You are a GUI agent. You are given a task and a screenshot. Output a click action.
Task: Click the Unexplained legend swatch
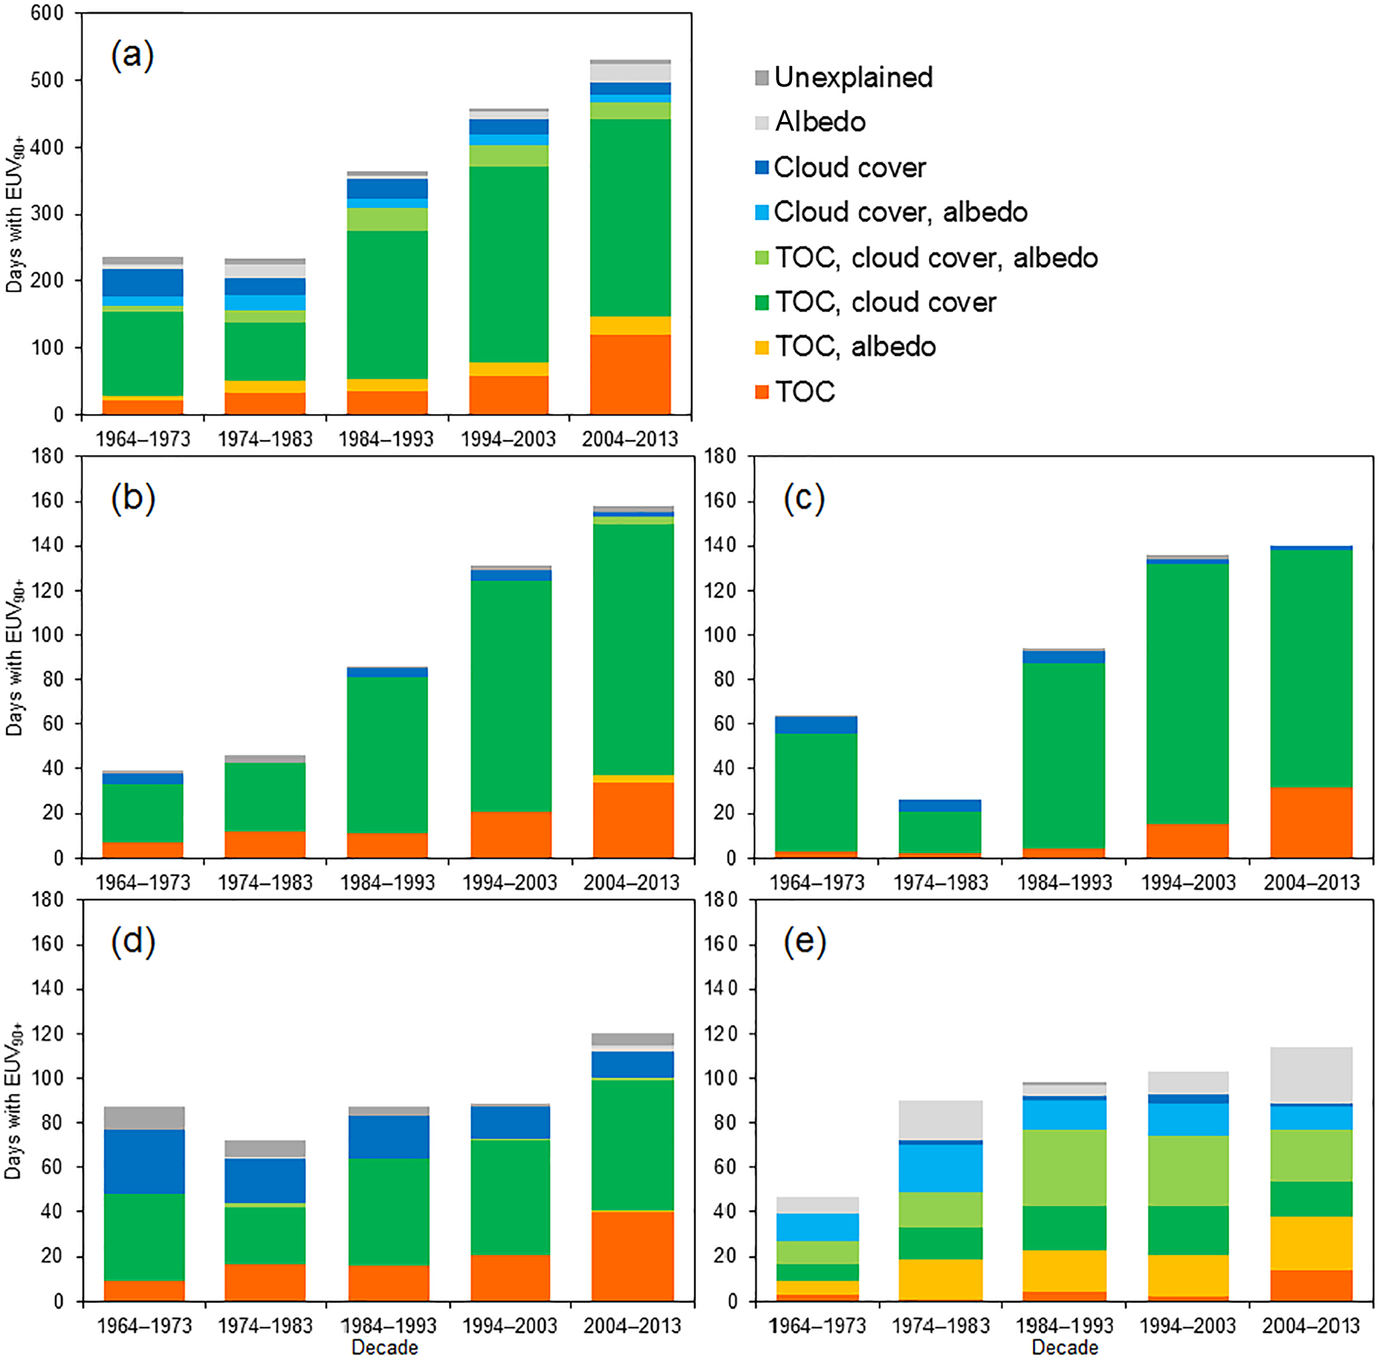click(x=762, y=78)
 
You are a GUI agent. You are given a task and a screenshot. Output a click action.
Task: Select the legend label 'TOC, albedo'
click(x=856, y=347)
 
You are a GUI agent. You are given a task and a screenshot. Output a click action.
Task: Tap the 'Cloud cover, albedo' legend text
click(x=901, y=212)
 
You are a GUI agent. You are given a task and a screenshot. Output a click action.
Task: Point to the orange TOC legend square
click(x=762, y=392)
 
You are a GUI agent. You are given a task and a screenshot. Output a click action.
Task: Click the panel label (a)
click(x=132, y=55)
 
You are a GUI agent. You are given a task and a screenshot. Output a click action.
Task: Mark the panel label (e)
click(x=804, y=942)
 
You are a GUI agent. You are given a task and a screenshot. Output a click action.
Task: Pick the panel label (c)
click(x=804, y=498)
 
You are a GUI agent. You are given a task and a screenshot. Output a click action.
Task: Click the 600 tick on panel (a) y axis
click(x=47, y=13)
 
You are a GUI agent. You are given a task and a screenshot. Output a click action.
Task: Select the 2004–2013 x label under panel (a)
click(x=629, y=439)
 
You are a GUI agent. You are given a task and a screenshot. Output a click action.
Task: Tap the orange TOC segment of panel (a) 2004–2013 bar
click(x=630, y=374)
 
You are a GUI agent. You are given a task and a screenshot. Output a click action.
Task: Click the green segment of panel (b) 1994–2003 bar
click(x=510, y=696)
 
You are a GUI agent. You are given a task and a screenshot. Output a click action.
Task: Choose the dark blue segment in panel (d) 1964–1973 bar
click(x=144, y=1161)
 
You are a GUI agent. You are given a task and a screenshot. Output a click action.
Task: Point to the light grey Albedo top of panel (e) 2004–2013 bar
click(x=1311, y=1075)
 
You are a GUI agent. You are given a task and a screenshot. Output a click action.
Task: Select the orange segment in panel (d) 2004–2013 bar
click(x=633, y=1256)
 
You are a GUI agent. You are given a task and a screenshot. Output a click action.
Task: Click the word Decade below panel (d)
click(x=385, y=1348)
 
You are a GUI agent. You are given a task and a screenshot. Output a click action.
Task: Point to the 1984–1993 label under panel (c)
click(x=1064, y=883)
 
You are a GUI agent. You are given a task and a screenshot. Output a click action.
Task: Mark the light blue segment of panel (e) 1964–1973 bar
click(x=817, y=1227)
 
